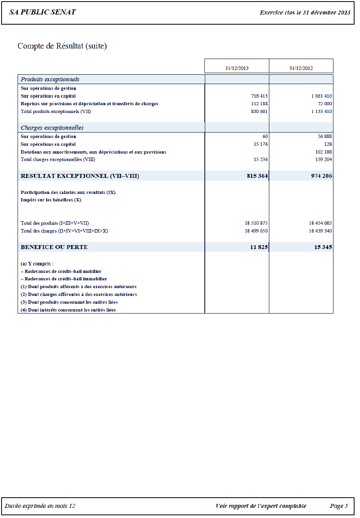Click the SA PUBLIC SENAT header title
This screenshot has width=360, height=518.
click(42, 12)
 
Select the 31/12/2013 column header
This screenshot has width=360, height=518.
click(236, 68)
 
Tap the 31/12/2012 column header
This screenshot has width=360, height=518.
click(301, 68)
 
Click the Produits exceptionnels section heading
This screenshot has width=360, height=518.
click(50, 79)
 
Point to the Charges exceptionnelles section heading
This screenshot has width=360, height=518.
click(52, 128)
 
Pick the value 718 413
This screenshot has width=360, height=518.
click(259, 96)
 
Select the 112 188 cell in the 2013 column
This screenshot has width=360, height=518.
click(259, 104)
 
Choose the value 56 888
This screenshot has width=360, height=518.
click(325, 136)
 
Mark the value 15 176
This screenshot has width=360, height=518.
click(261, 144)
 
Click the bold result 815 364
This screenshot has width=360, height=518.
click(257, 176)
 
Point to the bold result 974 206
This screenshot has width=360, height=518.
click(321, 176)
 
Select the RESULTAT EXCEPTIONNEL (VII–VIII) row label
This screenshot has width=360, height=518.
click(80, 176)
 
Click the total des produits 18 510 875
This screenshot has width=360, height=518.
click(256, 223)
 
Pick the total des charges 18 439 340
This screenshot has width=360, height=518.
click(320, 231)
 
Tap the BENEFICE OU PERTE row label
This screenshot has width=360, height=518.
click(54, 247)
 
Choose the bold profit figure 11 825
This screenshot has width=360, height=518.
click(259, 247)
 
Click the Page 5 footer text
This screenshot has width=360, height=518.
click(339, 506)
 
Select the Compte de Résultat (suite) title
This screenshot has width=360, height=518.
click(62, 46)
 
